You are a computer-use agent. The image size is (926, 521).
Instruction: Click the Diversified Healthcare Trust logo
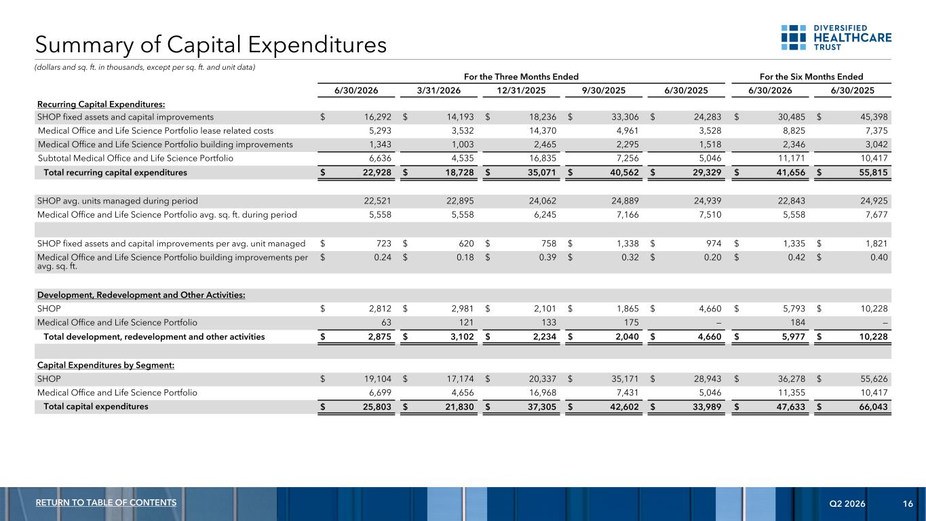pos(836,37)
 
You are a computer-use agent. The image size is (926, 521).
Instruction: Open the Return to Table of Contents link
pos(106,503)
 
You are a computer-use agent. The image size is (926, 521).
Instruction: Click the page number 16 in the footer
pos(908,503)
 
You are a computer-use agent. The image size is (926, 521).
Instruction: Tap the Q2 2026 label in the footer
pos(847,503)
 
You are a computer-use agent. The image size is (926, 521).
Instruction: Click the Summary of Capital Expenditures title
pos(211,45)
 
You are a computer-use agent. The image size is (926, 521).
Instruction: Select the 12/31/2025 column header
pos(521,90)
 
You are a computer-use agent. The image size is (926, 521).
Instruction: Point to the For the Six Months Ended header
pos(811,77)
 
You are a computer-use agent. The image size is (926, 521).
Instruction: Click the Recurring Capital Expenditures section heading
pos(101,104)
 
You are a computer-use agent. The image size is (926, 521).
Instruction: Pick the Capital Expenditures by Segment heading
pos(106,365)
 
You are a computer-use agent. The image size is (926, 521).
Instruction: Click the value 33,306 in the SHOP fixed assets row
pos(625,117)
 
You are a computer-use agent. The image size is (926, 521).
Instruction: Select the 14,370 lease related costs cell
pos(543,131)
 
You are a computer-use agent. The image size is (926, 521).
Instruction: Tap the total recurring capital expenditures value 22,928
pos(377,172)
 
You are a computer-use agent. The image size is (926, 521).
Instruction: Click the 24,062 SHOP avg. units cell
pos(543,201)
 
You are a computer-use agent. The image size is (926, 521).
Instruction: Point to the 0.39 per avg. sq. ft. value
pos(547,257)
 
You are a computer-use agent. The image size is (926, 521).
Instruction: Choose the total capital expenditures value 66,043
pos(873,406)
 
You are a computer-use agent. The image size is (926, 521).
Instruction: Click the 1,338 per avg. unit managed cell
pos(628,244)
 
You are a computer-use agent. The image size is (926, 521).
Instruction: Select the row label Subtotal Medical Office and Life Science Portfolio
pos(136,158)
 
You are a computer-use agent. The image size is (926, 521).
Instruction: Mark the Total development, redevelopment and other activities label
pos(154,336)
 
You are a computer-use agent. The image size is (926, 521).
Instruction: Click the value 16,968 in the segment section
pos(543,392)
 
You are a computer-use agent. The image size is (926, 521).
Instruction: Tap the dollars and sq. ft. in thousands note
pos(144,67)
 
